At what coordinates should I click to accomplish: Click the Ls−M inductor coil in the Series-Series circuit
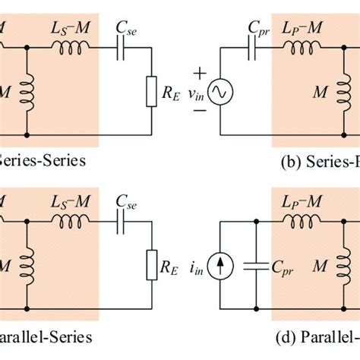(68, 47)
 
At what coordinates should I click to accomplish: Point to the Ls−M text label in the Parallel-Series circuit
(68, 204)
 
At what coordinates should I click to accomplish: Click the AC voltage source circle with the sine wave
(226, 93)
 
